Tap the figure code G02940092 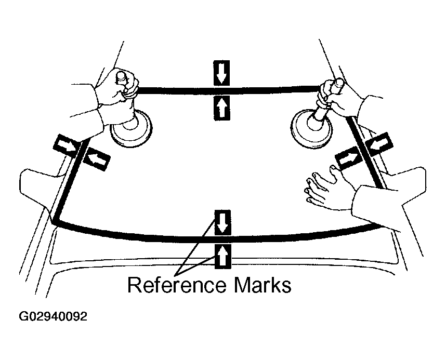pos(54,316)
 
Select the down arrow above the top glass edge pos(222,72)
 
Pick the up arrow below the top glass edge pos(222,108)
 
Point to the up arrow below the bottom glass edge pos(222,256)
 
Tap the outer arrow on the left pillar pos(65,144)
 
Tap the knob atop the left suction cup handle pos(122,76)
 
